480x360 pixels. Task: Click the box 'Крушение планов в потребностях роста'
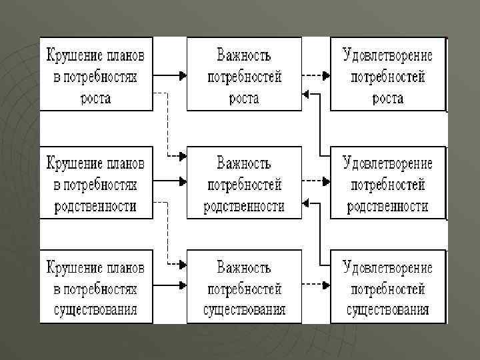click(97, 73)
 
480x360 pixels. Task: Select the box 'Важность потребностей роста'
click(244, 73)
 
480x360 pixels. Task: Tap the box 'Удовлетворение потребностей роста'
click(387, 73)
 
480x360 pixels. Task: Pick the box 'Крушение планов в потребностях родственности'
click(97, 182)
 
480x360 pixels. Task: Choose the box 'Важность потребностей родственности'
click(244, 182)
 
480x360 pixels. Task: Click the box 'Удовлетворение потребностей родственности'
click(387, 182)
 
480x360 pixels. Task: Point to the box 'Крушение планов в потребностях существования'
click(97, 287)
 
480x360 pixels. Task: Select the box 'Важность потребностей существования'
click(244, 287)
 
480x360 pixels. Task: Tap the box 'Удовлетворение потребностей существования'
click(387, 287)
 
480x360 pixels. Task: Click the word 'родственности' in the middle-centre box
click(244, 205)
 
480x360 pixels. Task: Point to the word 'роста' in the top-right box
click(387, 98)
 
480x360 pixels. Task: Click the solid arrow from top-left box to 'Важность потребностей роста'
click(170, 75)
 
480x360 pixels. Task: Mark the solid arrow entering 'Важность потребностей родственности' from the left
click(170, 181)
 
